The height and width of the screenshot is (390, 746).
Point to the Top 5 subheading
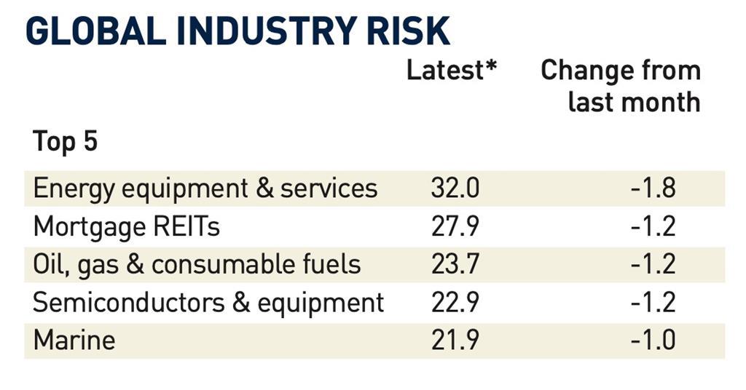tap(65, 142)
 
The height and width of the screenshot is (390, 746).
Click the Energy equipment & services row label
tap(205, 188)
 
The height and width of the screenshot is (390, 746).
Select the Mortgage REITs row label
tap(126, 226)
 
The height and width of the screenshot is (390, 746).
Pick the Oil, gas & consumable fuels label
tap(197, 264)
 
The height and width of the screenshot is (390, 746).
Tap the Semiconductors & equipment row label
tap(208, 302)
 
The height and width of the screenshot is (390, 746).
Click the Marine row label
tap(74, 340)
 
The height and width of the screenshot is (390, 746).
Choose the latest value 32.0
tap(455, 188)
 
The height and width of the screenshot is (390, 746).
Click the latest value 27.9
tap(455, 226)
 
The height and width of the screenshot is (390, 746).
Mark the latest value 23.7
tap(455, 264)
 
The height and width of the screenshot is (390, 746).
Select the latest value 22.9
tap(455, 302)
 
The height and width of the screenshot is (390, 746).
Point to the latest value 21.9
tap(455, 340)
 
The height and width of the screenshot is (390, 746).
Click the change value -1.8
tap(653, 188)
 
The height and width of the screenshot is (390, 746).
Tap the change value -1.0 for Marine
tap(653, 340)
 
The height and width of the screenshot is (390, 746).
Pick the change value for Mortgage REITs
tap(653, 226)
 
